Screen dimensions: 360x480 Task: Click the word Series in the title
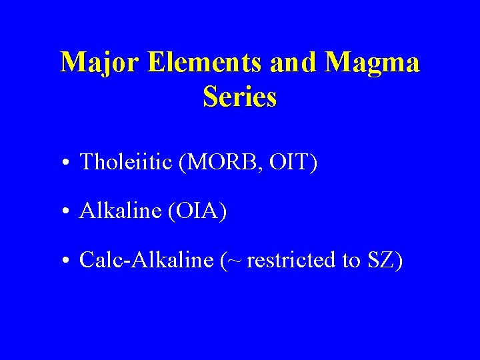coord(239,97)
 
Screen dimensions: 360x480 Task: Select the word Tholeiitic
coord(126,162)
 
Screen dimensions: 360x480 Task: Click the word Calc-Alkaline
coord(145,260)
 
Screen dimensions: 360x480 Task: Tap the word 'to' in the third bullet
coord(351,261)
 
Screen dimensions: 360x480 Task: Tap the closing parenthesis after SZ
coord(399,261)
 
